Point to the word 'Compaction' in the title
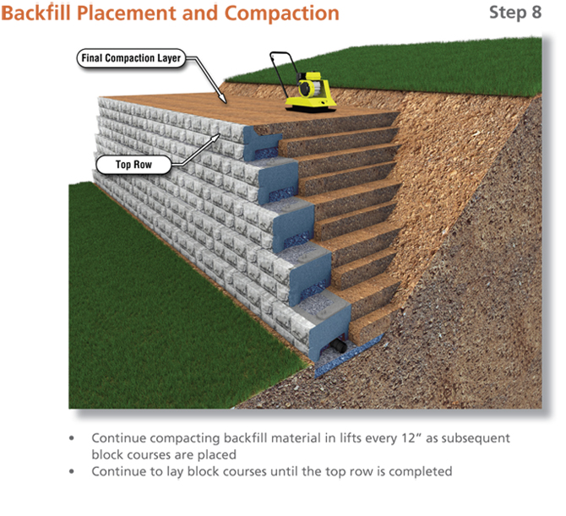click(x=284, y=14)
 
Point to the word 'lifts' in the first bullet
click(x=320, y=439)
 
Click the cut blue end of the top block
click(x=257, y=139)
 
